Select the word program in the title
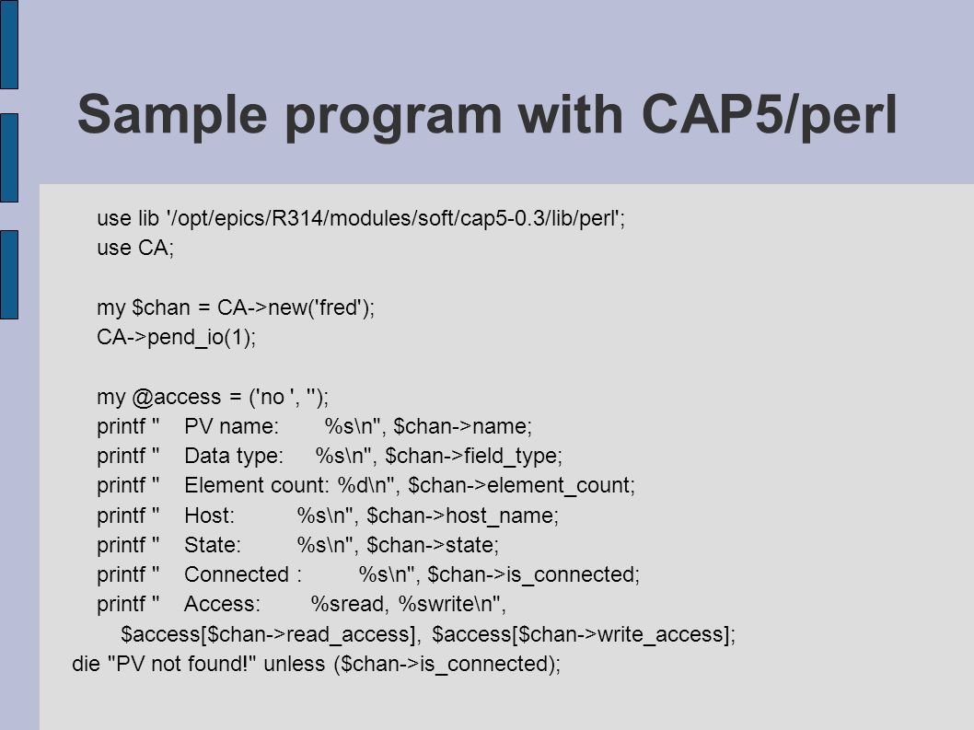tap(393, 118)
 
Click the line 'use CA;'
tap(135, 248)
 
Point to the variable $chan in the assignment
tap(161, 308)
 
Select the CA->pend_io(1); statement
tap(177, 338)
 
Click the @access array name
tap(177, 398)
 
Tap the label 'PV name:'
tap(232, 427)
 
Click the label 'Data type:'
tap(234, 457)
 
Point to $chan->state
tap(431, 546)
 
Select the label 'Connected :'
tap(243, 574)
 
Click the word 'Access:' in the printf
tap(223, 605)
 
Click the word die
tap(86, 664)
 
